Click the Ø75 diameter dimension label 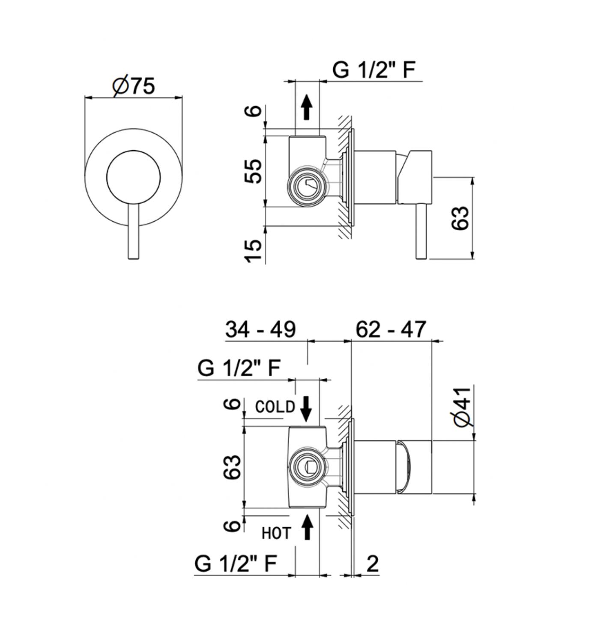[134, 86]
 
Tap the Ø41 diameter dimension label [463, 407]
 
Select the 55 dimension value [253, 171]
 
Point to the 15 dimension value [253, 251]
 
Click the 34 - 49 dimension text [260, 329]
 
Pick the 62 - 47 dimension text [391, 329]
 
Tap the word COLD [275, 407]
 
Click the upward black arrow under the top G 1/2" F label [307, 107]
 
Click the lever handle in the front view [134, 231]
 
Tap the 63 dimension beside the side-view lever [460, 218]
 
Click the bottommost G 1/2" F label [236, 563]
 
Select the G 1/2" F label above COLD [239, 368]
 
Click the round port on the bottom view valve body [307, 467]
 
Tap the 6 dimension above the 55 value [253, 111]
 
